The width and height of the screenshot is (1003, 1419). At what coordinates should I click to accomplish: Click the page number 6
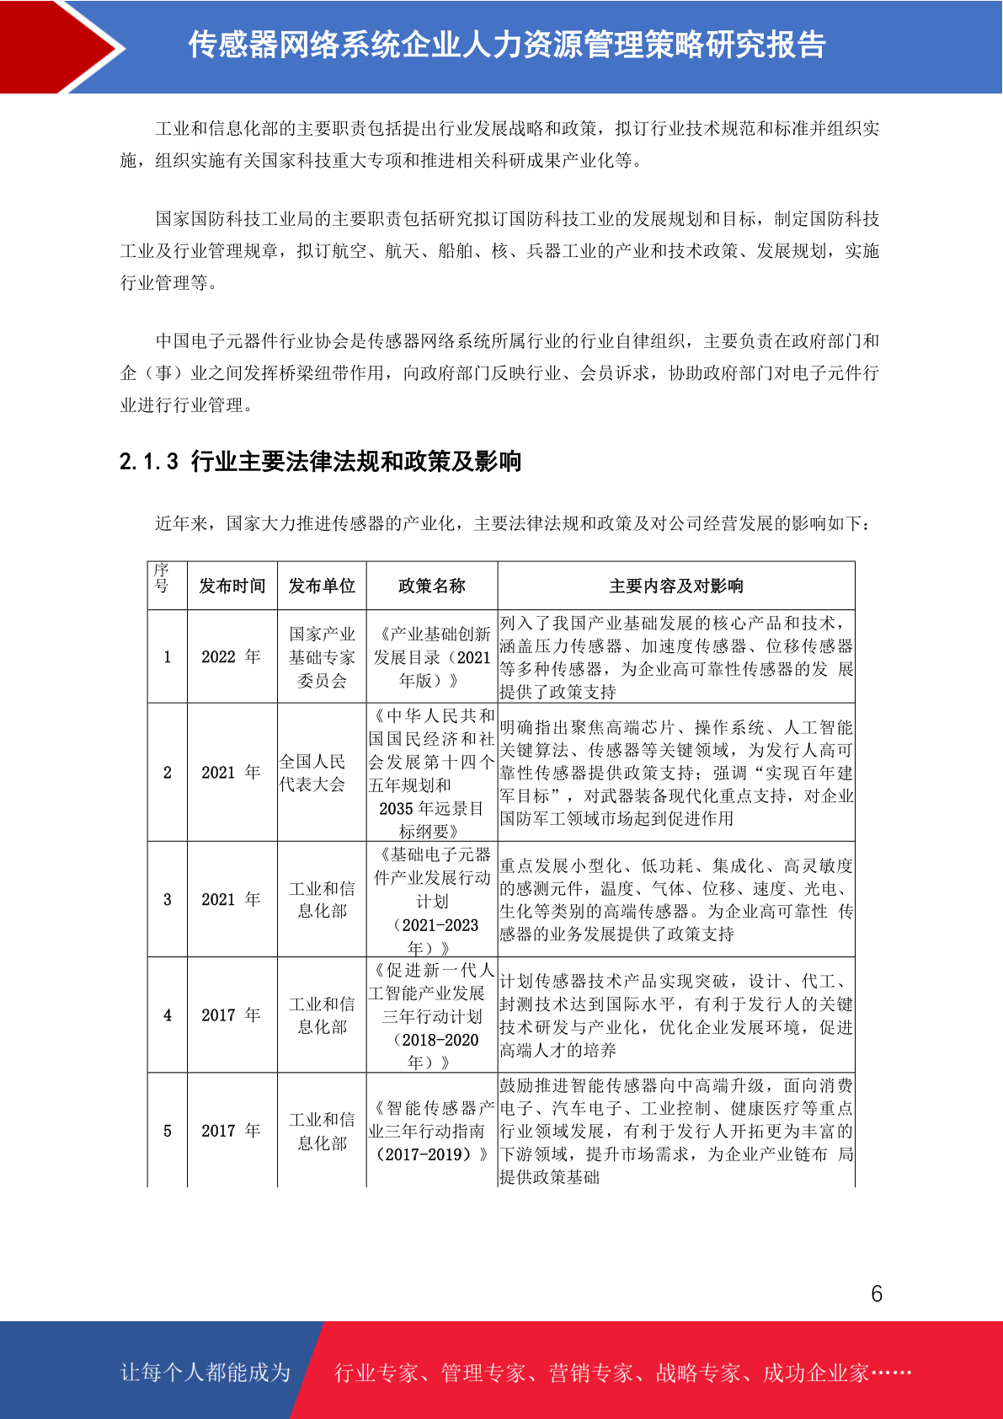click(876, 1293)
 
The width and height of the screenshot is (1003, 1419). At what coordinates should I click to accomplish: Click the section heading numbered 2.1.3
click(320, 462)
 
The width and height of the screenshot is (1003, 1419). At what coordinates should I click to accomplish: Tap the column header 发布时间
click(232, 586)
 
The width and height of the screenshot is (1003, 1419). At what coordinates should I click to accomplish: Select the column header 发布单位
click(322, 586)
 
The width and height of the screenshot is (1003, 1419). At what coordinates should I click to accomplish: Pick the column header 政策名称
click(431, 586)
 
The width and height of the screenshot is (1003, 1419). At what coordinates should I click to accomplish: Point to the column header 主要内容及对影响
click(675, 586)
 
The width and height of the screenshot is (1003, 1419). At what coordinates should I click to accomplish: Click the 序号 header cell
click(162, 578)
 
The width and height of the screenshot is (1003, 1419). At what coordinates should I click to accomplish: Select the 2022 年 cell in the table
click(231, 656)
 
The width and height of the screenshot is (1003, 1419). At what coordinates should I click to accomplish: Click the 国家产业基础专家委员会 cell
click(322, 656)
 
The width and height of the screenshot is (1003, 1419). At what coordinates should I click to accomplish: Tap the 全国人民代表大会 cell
click(312, 773)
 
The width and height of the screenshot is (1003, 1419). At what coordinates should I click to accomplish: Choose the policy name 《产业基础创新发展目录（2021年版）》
click(431, 656)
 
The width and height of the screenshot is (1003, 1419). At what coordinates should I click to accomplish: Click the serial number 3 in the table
click(168, 899)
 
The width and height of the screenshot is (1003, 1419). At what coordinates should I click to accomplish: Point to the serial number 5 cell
click(168, 1130)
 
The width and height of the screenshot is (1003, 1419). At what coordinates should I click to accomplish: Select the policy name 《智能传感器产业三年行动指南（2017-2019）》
click(431, 1131)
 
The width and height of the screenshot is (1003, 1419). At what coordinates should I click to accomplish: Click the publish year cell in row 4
click(231, 1015)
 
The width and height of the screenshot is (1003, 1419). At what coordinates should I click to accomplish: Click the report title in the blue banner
click(506, 45)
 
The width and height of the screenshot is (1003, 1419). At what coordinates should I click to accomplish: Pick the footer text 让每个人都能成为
click(205, 1372)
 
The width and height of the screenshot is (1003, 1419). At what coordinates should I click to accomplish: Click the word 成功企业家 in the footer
click(815, 1373)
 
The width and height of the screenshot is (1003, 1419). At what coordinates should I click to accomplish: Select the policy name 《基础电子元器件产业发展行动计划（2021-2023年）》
click(431, 900)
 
